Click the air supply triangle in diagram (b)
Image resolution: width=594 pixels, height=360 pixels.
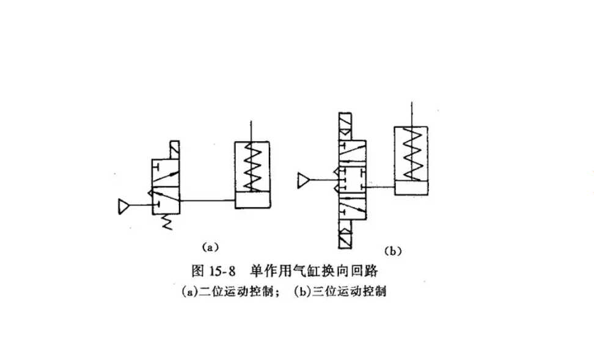[x=304, y=180]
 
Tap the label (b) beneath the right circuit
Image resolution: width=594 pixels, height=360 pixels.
[x=393, y=251]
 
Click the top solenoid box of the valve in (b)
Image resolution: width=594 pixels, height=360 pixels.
[x=346, y=128]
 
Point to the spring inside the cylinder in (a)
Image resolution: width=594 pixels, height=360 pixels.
[x=253, y=166]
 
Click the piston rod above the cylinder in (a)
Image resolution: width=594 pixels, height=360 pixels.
[x=252, y=131]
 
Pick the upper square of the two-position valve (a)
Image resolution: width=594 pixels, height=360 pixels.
[x=166, y=174]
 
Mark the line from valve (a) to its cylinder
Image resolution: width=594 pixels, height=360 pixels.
[x=208, y=200]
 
